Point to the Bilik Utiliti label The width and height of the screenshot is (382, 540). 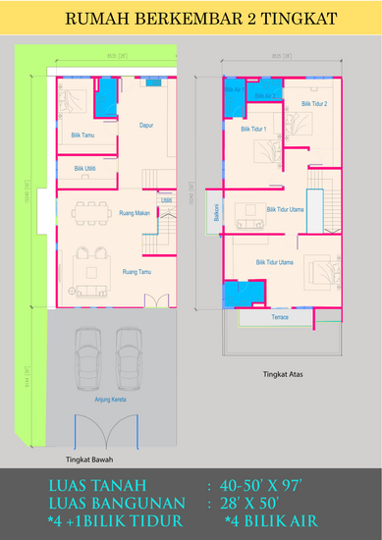click(84, 168)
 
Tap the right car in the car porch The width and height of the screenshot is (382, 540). click(130, 357)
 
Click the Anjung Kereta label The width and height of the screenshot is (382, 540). click(109, 400)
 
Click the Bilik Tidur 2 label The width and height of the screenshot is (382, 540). click(314, 103)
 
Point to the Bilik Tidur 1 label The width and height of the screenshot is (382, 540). click(253, 129)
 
